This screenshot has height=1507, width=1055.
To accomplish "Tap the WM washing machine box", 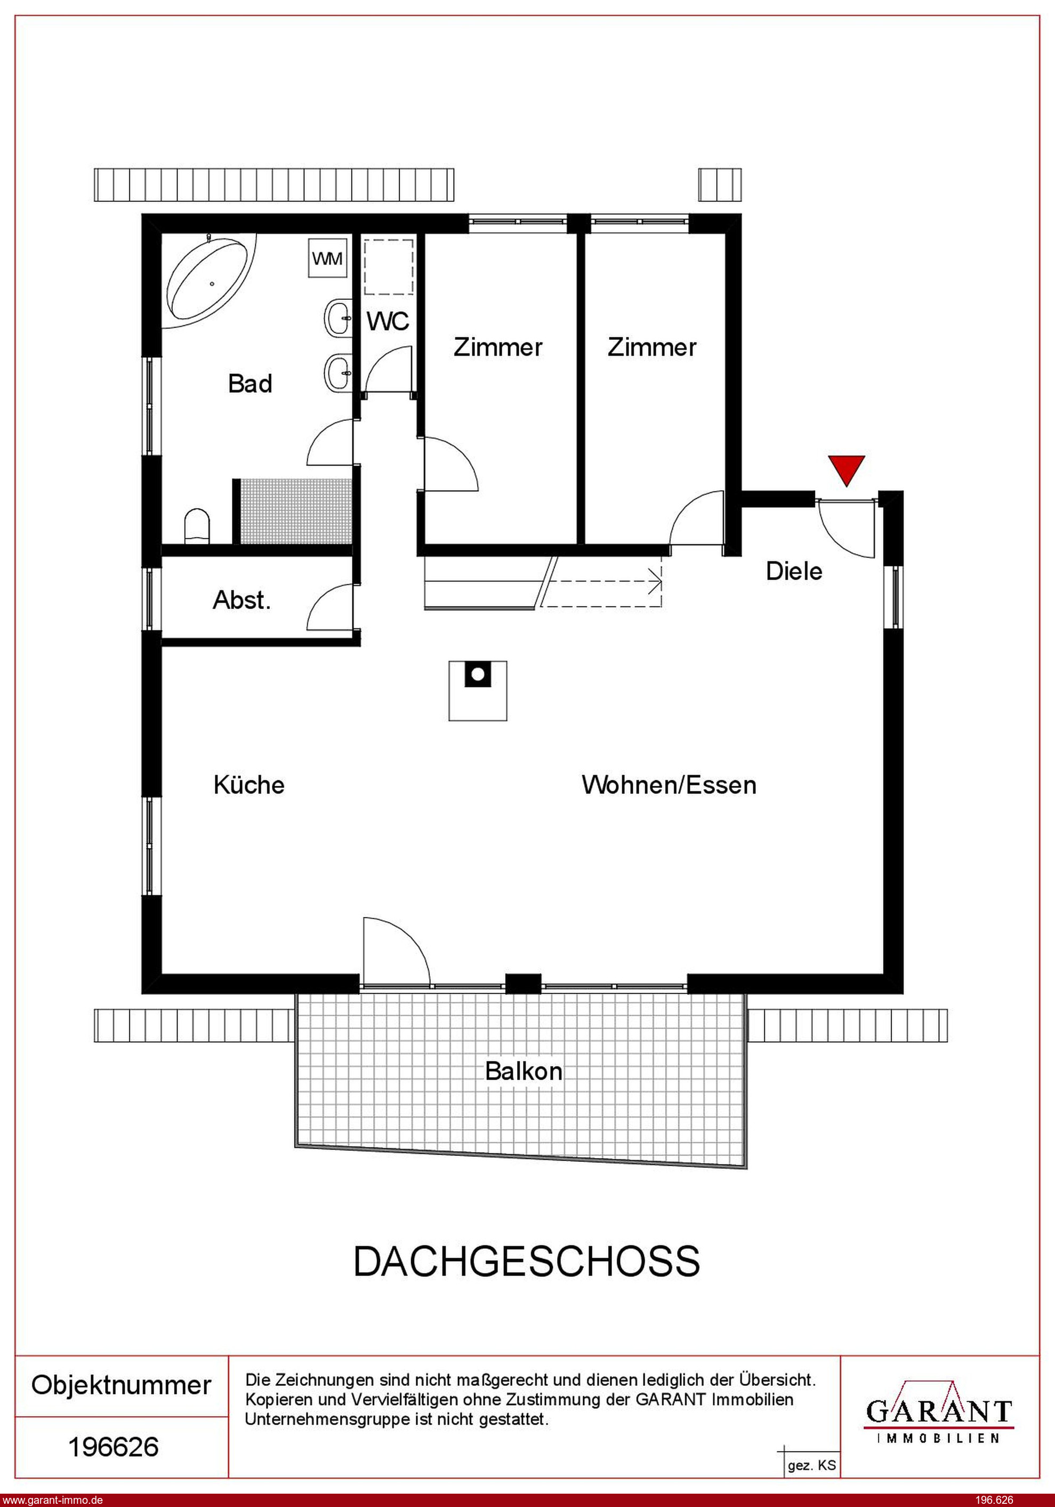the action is [327, 259].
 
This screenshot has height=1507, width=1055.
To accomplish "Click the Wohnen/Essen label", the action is [669, 785].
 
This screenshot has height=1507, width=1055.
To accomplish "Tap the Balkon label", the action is [524, 1071].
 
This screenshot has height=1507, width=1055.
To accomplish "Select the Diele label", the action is [794, 571].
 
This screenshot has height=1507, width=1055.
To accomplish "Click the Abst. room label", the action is [241, 600].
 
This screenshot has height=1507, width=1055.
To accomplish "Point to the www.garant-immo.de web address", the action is [52, 1500].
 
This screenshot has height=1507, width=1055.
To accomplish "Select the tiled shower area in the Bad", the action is [296, 511].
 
